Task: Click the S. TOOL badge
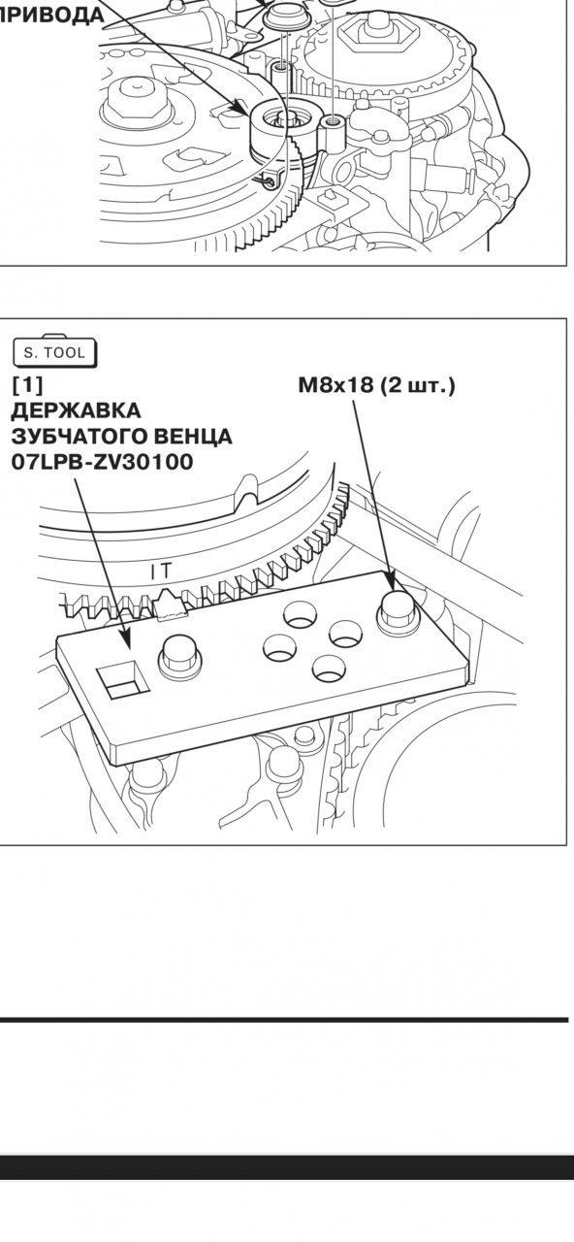coord(54,351)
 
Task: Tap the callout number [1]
coord(26,383)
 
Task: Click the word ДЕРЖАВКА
coord(76,410)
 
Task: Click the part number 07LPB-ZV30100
coord(102,461)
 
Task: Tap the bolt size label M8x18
coord(335,385)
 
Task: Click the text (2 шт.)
coord(418,385)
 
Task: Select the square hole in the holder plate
coord(123,680)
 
